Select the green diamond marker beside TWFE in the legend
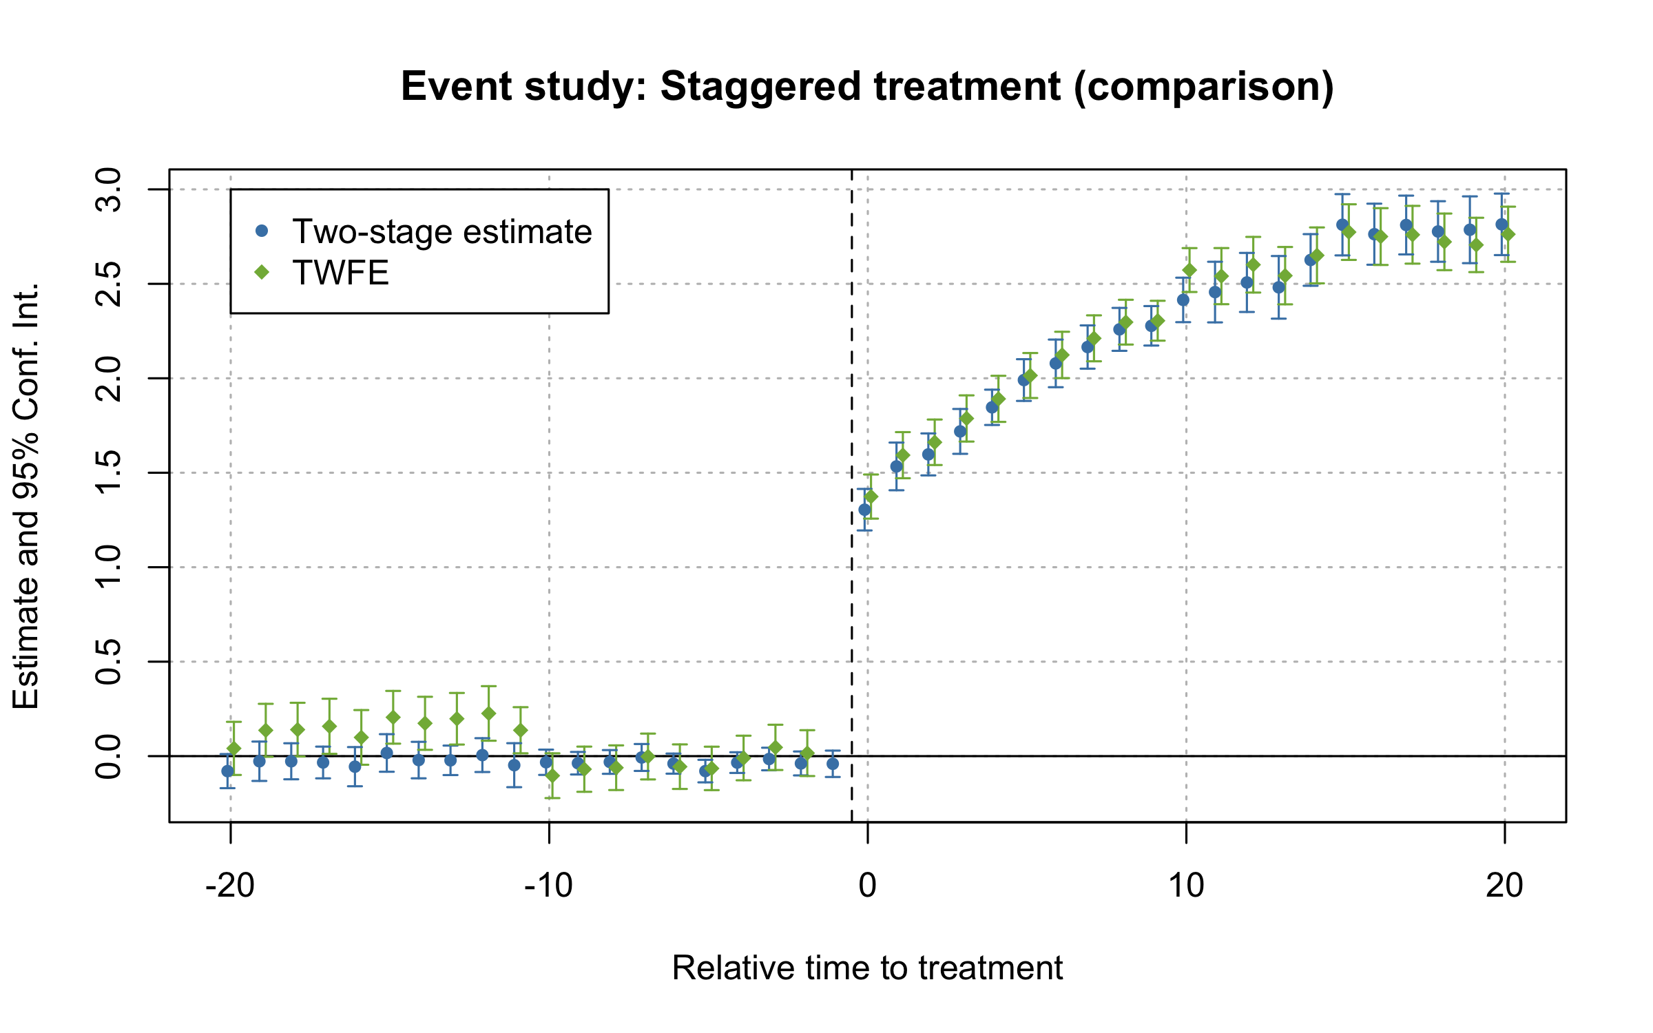click(261, 273)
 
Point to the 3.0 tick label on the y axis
click(109, 189)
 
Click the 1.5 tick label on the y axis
click(109, 472)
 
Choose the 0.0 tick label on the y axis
click(109, 756)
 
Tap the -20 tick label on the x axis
click(230, 886)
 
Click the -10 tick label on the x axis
click(548, 886)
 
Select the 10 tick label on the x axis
click(1186, 886)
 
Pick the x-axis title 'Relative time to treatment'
click(867, 968)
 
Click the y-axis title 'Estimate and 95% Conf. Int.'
click(26, 496)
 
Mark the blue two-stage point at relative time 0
click(864, 510)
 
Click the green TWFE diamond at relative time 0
click(871, 497)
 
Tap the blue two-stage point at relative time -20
click(227, 771)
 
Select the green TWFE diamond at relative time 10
click(1189, 270)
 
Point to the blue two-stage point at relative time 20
click(1501, 225)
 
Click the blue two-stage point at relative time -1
click(833, 764)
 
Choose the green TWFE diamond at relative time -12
click(488, 713)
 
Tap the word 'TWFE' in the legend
click(341, 273)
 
